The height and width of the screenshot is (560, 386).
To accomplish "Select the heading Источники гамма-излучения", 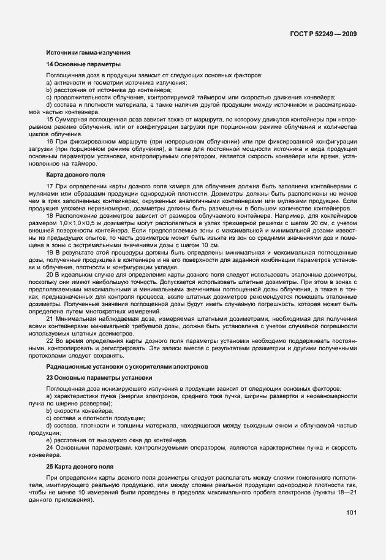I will pos(88,52).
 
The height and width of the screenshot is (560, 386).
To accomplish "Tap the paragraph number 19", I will pos(50,253).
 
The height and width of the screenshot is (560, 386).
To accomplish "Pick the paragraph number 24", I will pos(50,447).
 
